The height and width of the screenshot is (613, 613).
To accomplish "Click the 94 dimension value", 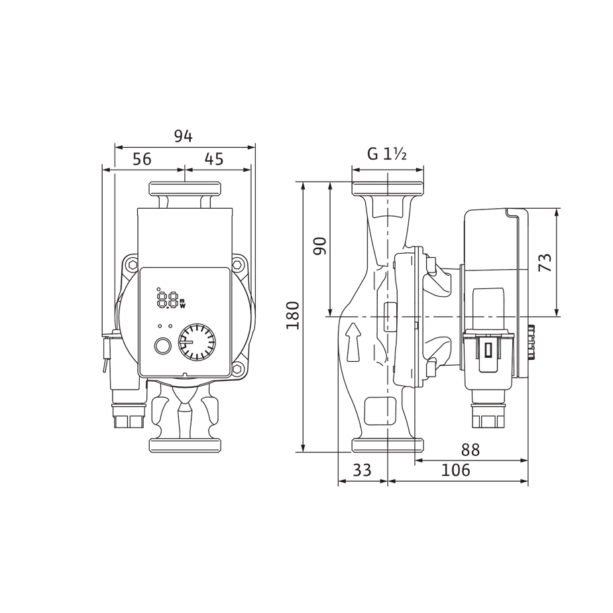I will pyautogui.click(x=184, y=136).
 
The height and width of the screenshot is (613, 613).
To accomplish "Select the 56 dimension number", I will pyautogui.click(x=142, y=159).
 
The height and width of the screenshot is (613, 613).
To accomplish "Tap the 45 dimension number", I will pyautogui.click(x=213, y=159).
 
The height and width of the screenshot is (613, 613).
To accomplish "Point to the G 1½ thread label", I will pyautogui.click(x=387, y=154).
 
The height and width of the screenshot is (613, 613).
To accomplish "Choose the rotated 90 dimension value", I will pyautogui.click(x=320, y=246).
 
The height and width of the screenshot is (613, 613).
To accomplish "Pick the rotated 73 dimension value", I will pyautogui.click(x=545, y=262).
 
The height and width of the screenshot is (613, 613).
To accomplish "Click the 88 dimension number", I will pyautogui.click(x=470, y=450).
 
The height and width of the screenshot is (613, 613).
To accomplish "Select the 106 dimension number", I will pyautogui.click(x=455, y=471).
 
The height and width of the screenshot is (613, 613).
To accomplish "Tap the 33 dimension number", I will pyautogui.click(x=362, y=471).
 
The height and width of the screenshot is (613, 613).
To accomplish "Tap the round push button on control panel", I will pyautogui.click(x=162, y=346).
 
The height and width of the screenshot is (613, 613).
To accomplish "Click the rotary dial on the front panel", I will pyautogui.click(x=197, y=342).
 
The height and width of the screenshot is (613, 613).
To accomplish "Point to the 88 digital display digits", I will pyautogui.click(x=168, y=300).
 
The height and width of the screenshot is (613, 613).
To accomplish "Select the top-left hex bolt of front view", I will pyautogui.click(x=133, y=265).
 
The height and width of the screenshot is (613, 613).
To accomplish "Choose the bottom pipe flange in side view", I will pyautogui.click(x=388, y=445).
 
